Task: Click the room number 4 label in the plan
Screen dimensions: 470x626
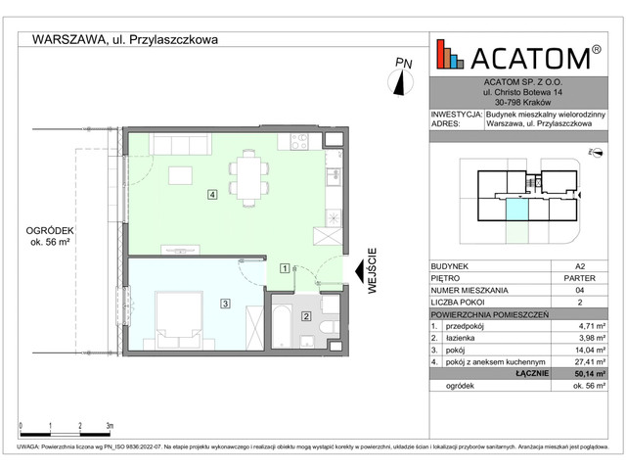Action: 211,194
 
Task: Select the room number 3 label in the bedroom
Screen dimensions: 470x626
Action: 225,305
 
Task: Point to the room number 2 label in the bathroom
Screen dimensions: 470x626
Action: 305,315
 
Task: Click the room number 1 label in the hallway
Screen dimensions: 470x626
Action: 285,266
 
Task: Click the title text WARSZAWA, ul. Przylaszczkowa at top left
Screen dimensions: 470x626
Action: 125,40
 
